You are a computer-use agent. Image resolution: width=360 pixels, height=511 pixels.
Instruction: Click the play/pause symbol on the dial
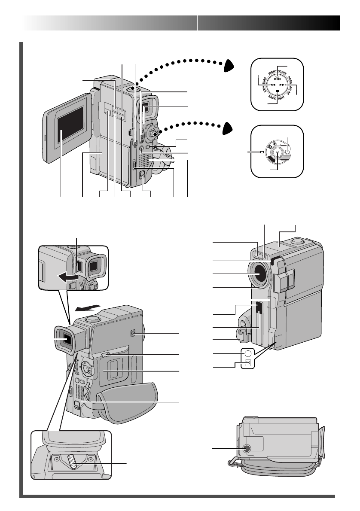[x=278, y=79]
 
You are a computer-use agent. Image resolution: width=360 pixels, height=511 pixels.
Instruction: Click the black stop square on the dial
[x=278, y=91]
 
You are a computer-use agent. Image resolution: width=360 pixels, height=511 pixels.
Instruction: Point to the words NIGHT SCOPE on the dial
[x=277, y=70]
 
